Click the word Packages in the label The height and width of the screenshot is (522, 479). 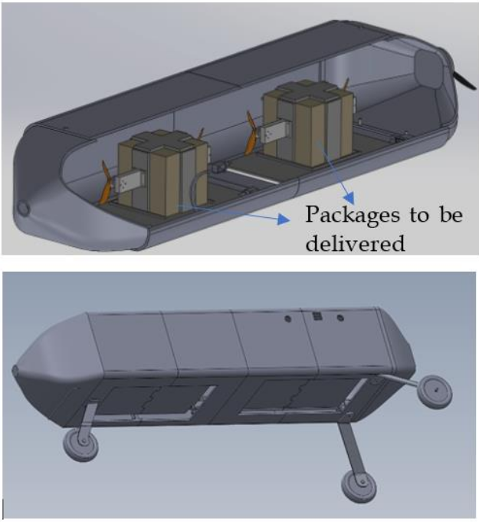click(x=353, y=216)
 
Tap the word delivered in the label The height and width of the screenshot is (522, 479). click(x=356, y=243)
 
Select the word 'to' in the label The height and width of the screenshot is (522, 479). click(x=419, y=216)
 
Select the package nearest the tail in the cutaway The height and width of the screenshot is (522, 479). click(x=308, y=122)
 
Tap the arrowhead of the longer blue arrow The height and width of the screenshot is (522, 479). click(x=283, y=220)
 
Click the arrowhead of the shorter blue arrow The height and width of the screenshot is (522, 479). click(x=349, y=198)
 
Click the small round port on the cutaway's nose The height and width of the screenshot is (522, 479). click(x=23, y=208)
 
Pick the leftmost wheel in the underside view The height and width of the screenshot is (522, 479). click(x=80, y=444)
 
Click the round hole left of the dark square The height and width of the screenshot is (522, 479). click(x=288, y=319)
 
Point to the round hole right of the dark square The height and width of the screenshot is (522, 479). click(x=340, y=319)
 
